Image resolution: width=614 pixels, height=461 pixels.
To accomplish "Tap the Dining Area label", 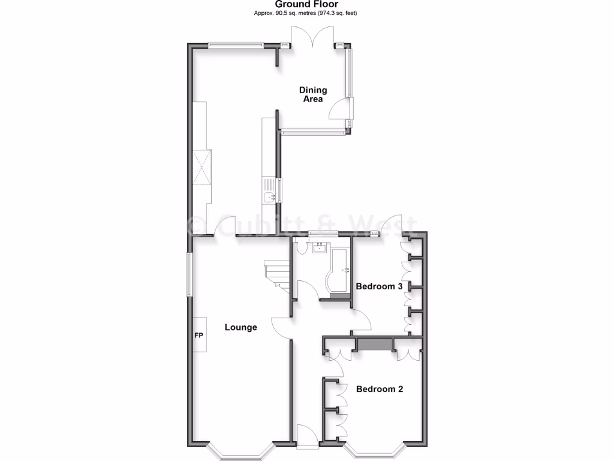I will (x=313, y=95).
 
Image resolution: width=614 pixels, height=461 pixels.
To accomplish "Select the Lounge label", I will (x=241, y=327).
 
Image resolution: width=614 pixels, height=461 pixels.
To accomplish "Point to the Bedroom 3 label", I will (x=379, y=286).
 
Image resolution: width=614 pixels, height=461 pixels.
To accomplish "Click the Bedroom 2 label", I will (x=379, y=389).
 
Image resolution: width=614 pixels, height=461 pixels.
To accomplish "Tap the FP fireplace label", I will (x=198, y=335).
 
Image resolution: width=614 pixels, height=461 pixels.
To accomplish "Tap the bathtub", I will (x=339, y=270).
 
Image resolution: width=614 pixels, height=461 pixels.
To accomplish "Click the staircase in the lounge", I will (x=277, y=273).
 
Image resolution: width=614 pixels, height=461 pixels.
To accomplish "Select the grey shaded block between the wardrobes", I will (x=374, y=345).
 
